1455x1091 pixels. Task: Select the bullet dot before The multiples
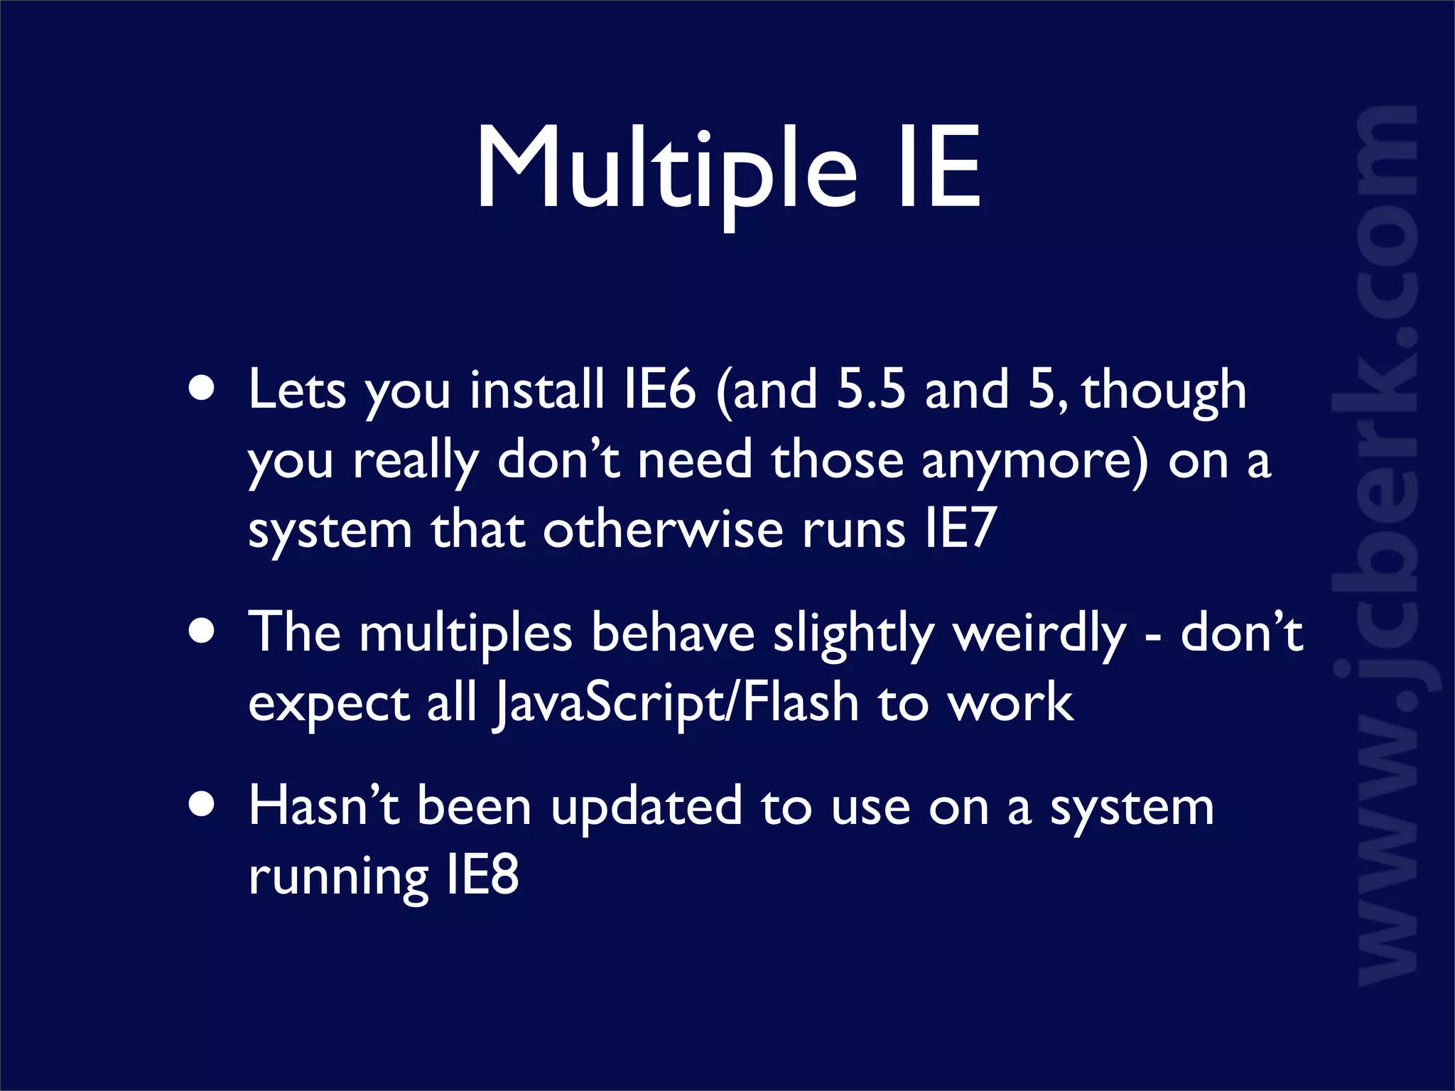click(202, 631)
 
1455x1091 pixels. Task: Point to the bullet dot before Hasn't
click(202, 805)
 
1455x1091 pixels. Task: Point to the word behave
click(672, 632)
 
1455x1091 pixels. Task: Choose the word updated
click(647, 808)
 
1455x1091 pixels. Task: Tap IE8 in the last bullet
click(483, 875)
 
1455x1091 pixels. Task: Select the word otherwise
click(663, 529)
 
